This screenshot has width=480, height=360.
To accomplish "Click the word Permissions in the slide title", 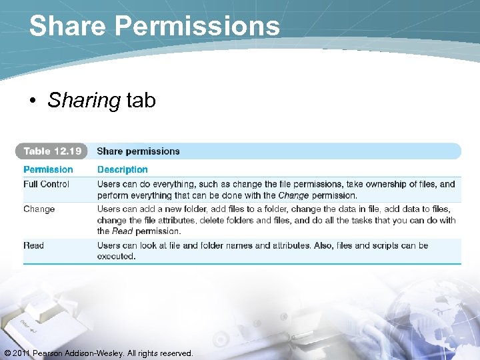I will tap(198, 27).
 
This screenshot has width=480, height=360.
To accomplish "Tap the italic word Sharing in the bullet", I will tap(84, 101).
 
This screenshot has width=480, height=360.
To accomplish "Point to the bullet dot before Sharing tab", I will tap(33, 101).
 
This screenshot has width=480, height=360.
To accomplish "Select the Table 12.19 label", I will tap(53, 151).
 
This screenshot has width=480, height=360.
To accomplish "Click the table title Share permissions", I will tap(138, 151).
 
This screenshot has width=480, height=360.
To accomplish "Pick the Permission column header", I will tap(48, 170).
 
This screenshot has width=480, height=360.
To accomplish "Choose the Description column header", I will tap(122, 170).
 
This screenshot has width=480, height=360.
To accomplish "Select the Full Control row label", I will tap(46, 184).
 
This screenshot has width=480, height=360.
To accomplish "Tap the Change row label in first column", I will tap(39, 209).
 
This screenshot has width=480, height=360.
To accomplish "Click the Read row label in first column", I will tap(33, 245).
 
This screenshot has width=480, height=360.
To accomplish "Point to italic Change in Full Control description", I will tap(293, 195).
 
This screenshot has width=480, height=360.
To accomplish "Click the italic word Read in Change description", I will tap(122, 231).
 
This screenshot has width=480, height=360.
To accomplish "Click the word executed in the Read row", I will tap(116, 256).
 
